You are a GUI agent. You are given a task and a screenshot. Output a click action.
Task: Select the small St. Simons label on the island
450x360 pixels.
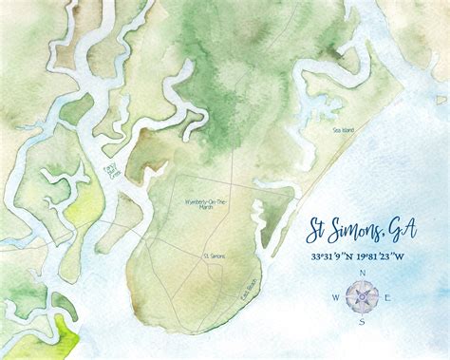[214, 255]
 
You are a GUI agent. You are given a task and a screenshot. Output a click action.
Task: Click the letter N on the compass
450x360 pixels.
[362, 273]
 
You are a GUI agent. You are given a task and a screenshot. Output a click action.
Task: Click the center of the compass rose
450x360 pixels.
[362, 296]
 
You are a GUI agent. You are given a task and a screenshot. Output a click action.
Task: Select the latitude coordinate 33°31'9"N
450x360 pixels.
[334, 256]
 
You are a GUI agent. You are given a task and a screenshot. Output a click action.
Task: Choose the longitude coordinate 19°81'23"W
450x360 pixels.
[391, 256]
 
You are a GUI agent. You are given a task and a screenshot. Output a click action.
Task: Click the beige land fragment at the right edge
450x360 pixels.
[441, 99]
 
